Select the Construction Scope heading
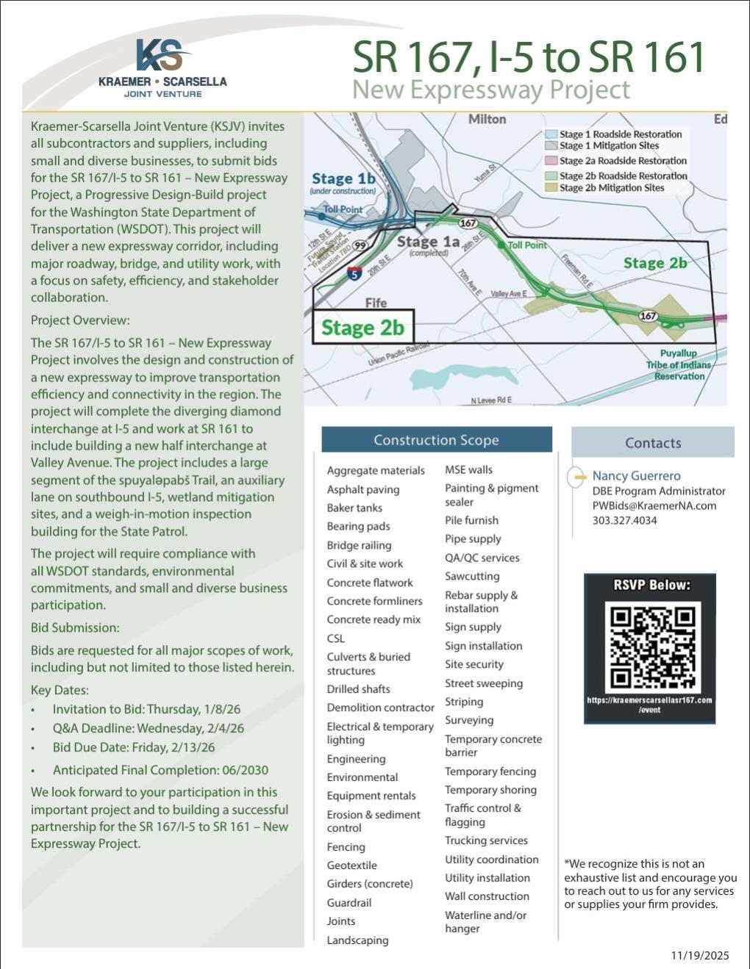coord(436,440)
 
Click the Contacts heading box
coord(652,443)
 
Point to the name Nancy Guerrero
coord(636,476)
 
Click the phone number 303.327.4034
coord(624,521)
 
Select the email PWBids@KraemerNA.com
coord(654,506)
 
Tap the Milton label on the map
coord(487,119)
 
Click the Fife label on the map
coord(376,303)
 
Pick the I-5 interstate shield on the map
coord(354,274)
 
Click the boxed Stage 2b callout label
coord(362,328)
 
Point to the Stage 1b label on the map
coord(343,179)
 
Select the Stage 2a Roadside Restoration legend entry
coord(622,161)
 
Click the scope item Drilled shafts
coord(358,689)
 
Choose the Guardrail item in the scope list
coord(349,903)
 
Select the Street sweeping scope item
coord(483,683)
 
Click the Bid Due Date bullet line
coord(133,747)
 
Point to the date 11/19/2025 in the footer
coord(699,955)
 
